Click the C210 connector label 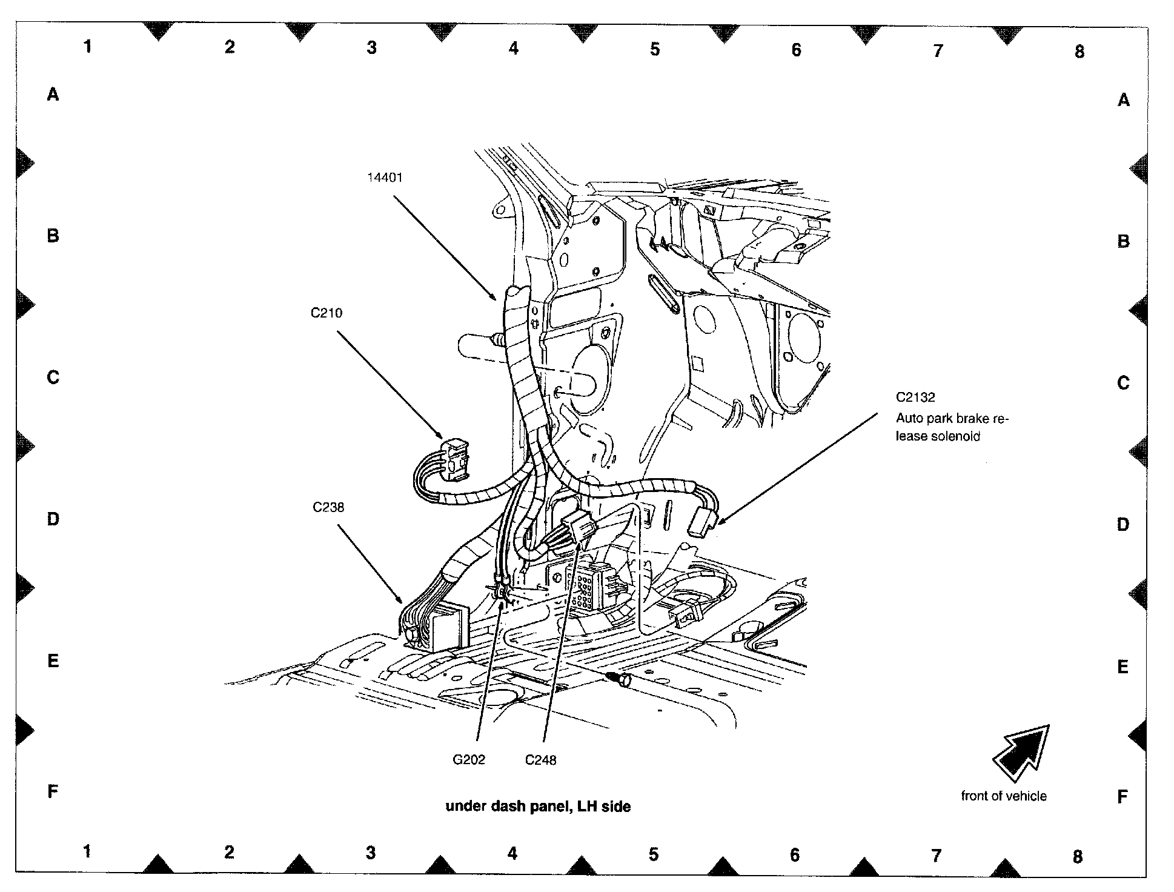(x=327, y=313)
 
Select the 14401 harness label (x=385, y=178)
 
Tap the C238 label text (x=328, y=507)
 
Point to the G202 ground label (x=469, y=760)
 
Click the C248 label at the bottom (x=540, y=760)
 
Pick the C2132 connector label (x=915, y=398)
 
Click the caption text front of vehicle (x=1004, y=796)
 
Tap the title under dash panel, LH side (x=538, y=807)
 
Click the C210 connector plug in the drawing (x=455, y=456)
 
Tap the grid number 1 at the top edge (x=88, y=46)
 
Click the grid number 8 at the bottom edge (x=1077, y=856)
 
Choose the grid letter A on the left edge (x=53, y=95)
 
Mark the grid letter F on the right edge (x=1123, y=797)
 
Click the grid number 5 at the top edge (x=655, y=49)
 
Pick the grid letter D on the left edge (x=53, y=519)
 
